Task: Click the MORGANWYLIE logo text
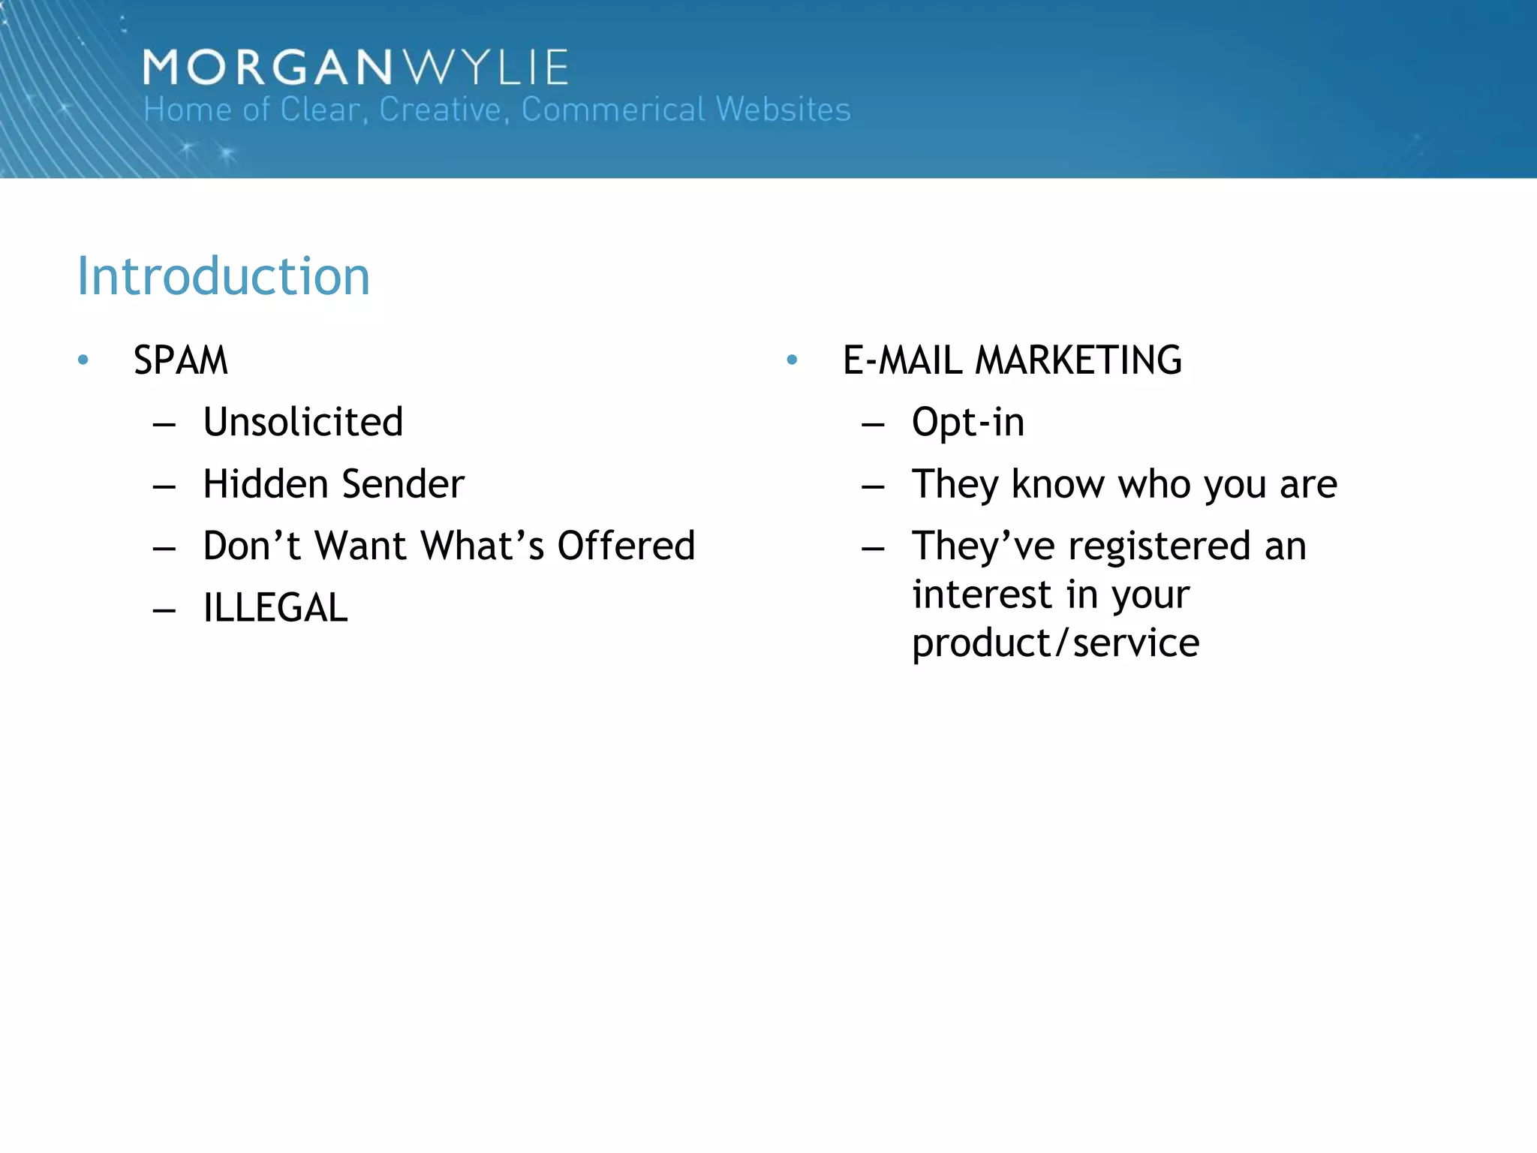tap(356, 68)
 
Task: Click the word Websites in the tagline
tap(784, 110)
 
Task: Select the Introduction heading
tap(224, 276)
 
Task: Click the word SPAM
tap(180, 360)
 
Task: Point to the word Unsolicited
tap(303, 422)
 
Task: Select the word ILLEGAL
tap(275, 608)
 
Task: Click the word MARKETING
tap(1078, 360)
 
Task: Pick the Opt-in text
tap(968, 423)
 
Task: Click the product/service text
tap(1055, 643)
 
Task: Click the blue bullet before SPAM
tap(83, 360)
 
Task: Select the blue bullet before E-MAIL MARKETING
tap(792, 360)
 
